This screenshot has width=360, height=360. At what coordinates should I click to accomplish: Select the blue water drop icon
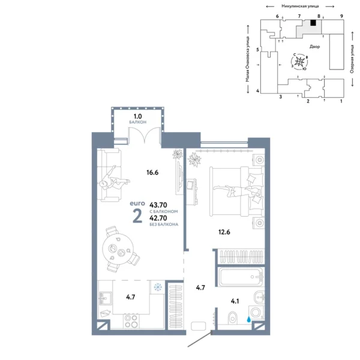(247, 320)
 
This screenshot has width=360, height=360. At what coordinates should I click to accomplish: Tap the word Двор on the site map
(314, 46)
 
